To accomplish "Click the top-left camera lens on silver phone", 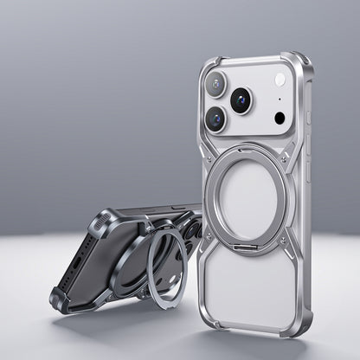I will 215,84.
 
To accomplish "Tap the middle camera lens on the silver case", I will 241,100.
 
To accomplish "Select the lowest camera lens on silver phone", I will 215,119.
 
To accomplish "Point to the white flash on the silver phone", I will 280,80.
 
